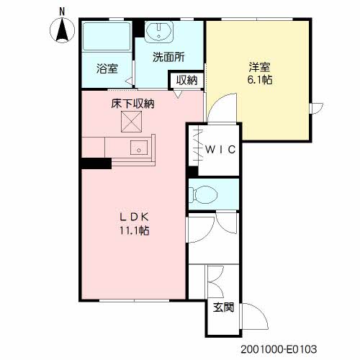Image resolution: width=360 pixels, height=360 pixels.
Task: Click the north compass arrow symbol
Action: click(62, 30)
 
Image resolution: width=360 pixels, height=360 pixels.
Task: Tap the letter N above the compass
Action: click(62, 12)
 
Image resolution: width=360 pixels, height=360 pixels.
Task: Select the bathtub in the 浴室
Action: click(107, 36)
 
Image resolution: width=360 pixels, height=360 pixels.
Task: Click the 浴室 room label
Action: click(107, 68)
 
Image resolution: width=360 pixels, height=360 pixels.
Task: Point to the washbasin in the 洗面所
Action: click(158, 31)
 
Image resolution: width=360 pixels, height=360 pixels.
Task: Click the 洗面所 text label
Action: click(168, 58)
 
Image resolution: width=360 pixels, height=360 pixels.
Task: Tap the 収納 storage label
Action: click(187, 80)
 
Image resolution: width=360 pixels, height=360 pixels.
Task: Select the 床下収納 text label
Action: click(132, 104)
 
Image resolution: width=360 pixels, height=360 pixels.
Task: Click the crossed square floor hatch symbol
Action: click(131, 122)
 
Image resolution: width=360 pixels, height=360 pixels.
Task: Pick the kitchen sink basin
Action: click(139, 148)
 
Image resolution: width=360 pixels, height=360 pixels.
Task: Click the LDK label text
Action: click(135, 217)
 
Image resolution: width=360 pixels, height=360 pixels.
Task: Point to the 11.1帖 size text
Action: click(135, 231)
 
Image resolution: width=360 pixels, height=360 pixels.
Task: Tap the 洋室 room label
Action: click(259, 67)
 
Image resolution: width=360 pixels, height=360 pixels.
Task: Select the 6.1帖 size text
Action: click(260, 80)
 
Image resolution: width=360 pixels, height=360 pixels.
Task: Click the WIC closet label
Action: click(220, 150)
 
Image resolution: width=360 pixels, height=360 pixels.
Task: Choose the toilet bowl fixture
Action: click(203, 194)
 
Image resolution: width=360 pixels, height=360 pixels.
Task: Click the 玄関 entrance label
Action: click(223, 307)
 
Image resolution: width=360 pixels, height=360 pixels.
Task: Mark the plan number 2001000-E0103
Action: click(279, 349)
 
